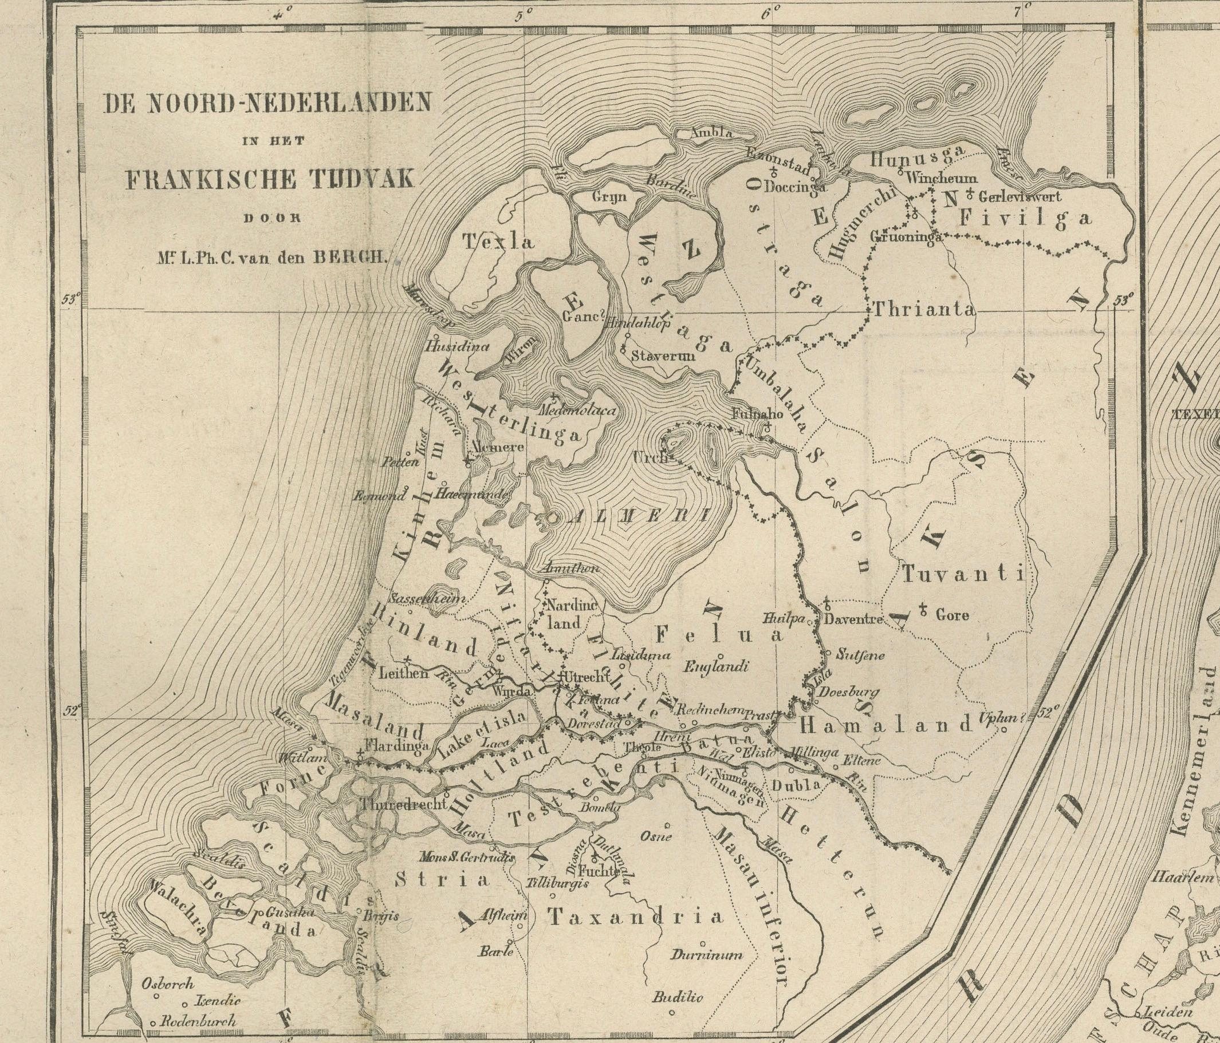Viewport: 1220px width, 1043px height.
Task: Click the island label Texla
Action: pyautogui.click(x=498, y=242)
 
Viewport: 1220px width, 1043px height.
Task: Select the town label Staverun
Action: pyautogui.click(x=663, y=356)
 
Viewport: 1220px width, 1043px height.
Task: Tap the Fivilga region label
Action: pyautogui.click(x=1026, y=218)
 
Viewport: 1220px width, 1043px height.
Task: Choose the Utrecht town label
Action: pyautogui.click(x=586, y=677)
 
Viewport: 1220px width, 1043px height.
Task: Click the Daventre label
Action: pyautogui.click(x=853, y=619)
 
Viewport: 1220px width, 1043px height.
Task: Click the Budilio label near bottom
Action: pyautogui.click(x=677, y=997)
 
